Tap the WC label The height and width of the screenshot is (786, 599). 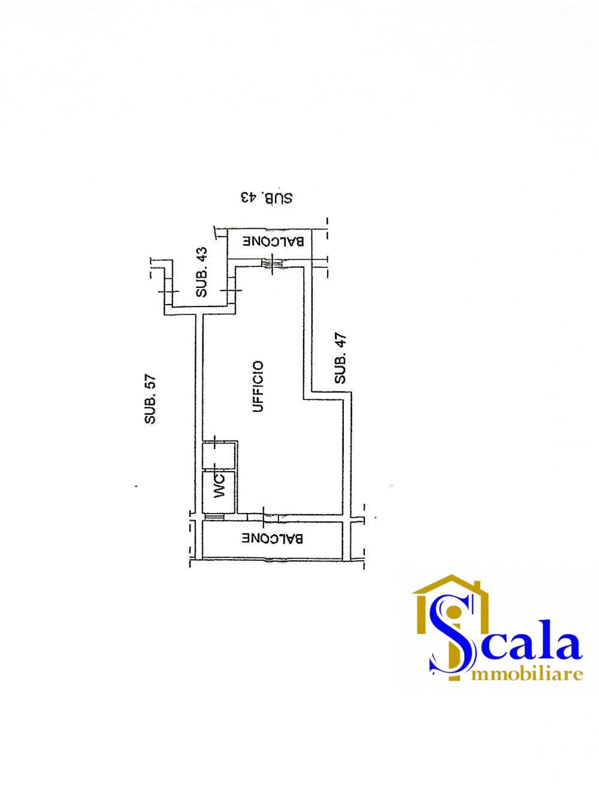[219, 486]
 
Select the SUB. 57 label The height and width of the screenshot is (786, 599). [150, 399]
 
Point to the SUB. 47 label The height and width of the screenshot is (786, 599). [340, 359]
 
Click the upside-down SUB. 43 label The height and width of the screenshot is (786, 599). [267, 198]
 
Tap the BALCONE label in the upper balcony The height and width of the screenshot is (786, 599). [274, 241]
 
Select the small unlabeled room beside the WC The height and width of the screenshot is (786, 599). [219, 454]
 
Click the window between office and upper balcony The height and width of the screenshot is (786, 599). [273, 263]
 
